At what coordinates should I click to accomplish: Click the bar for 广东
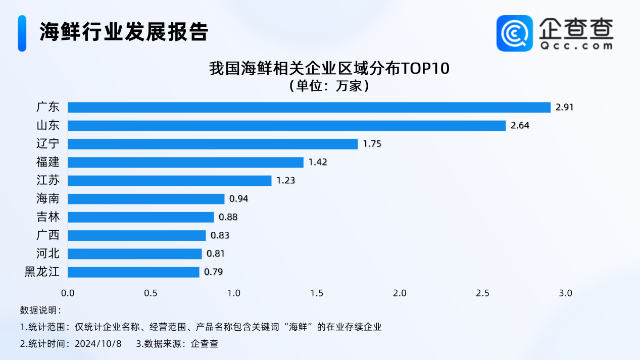[x=309, y=108]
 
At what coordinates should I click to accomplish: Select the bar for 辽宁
[x=213, y=144]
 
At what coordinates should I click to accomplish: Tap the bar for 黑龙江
[x=133, y=272]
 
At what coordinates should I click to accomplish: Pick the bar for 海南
[x=146, y=199]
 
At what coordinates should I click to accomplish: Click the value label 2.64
[x=520, y=126]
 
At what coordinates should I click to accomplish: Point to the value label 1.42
[x=318, y=162]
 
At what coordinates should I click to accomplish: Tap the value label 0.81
[x=216, y=254]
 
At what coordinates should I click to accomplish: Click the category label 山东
[x=48, y=126]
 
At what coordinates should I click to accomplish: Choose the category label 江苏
[x=48, y=180]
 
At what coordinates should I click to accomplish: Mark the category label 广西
[x=48, y=235]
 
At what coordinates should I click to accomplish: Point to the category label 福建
[x=48, y=162]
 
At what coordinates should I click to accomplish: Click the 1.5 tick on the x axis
[x=317, y=293]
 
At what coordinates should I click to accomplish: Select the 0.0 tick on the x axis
[x=68, y=293]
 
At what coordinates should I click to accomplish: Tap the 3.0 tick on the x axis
[x=565, y=293]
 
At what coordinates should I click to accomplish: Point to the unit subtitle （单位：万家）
[x=329, y=86]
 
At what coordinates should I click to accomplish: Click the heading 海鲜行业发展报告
[x=124, y=32]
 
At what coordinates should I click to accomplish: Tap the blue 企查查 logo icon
[x=514, y=33]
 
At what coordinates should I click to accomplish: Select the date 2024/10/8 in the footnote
[x=98, y=344]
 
